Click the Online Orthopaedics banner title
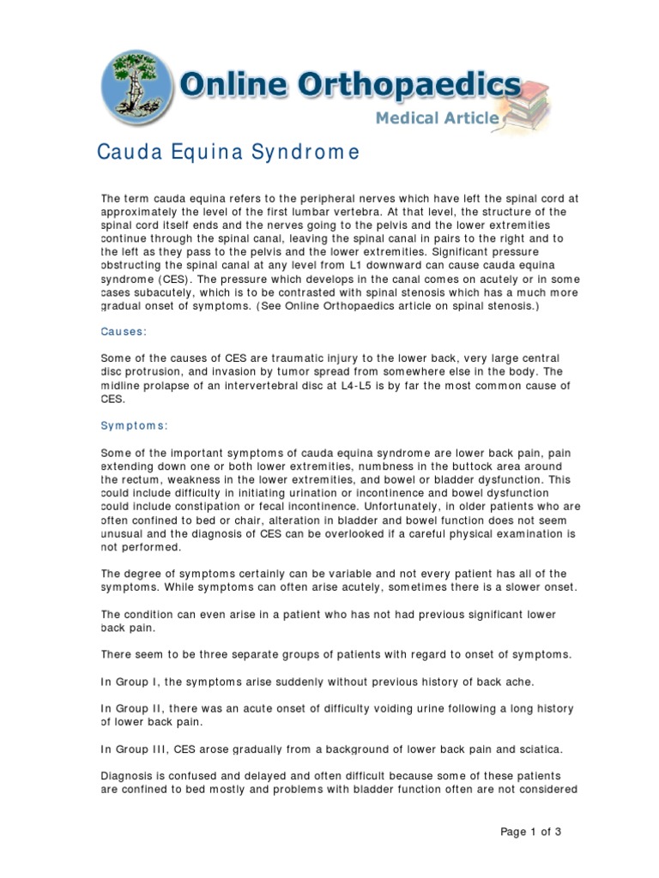pyautogui.click(x=350, y=87)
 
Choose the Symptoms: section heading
pyautogui.click(x=135, y=425)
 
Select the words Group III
pyautogui.click(x=141, y=749)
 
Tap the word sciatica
pyautogui.click(x=536, y=749)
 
